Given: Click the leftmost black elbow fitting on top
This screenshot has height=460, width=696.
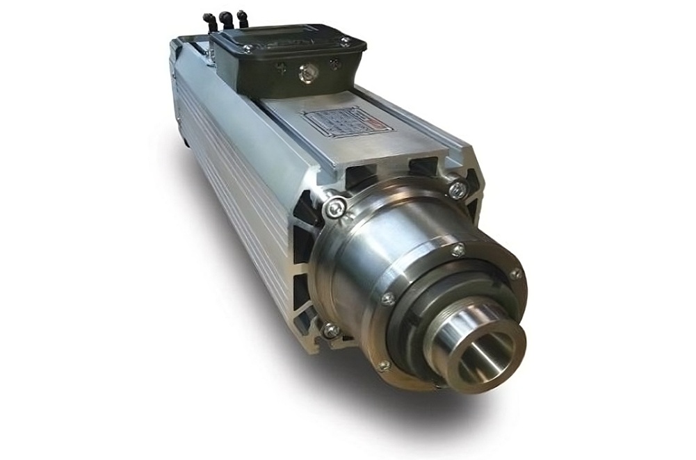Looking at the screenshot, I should [209, 19].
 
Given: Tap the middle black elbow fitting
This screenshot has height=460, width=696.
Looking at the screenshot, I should [226, 19].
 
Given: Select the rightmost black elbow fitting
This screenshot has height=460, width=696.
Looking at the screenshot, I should [242, 18].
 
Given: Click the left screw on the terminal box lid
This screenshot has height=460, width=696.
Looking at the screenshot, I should [248, 49].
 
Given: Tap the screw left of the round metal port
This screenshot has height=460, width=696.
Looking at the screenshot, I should [281, 69].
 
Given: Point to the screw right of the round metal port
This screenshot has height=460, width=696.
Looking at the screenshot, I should [334, 64].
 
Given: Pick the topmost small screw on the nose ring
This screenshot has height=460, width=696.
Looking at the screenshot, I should [457, 249].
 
